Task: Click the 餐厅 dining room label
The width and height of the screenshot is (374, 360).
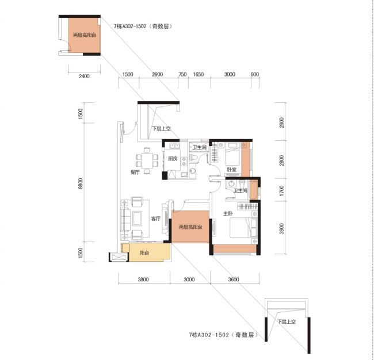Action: coord(135,172)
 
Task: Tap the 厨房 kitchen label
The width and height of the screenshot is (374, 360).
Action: coord(173,159)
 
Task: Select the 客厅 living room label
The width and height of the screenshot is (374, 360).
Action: coord(156,219)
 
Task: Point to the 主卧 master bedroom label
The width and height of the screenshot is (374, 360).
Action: coord(228,213)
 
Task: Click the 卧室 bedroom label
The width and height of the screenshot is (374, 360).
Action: coord(232,170)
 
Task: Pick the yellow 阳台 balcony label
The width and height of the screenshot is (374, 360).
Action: coord(144,253)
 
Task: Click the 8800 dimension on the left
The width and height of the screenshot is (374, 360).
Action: coord(81,183)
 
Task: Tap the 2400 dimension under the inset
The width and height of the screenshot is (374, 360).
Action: coord(84,76)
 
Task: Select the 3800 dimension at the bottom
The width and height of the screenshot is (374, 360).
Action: coord(143,279)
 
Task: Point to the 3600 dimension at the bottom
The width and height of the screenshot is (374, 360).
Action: coord(234,279)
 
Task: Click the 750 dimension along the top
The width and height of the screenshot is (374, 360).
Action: coord(182,74)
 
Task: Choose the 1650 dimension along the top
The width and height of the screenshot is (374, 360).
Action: coord(198,74)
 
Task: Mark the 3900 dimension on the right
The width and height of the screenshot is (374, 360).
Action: coord(282,229)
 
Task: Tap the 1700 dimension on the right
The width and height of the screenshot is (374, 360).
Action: coord(282,191)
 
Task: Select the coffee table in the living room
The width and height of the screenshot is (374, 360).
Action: coord(138,219)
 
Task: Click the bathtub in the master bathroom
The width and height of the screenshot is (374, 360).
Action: coord(253,190)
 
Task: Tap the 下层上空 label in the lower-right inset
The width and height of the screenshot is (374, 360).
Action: coord(287,321)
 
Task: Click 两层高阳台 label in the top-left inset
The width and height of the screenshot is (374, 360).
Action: coord(85,35)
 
